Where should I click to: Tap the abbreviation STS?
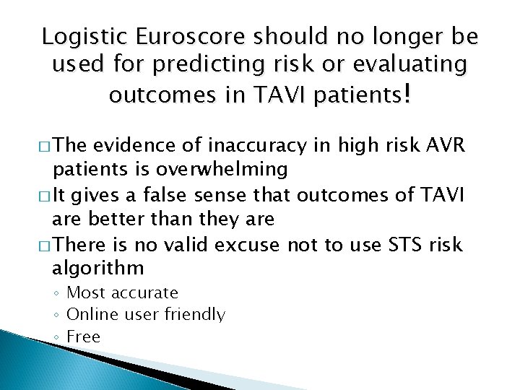coord(398,245)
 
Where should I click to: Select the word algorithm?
coord(98,269)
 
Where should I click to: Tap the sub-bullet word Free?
coord(83,337)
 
